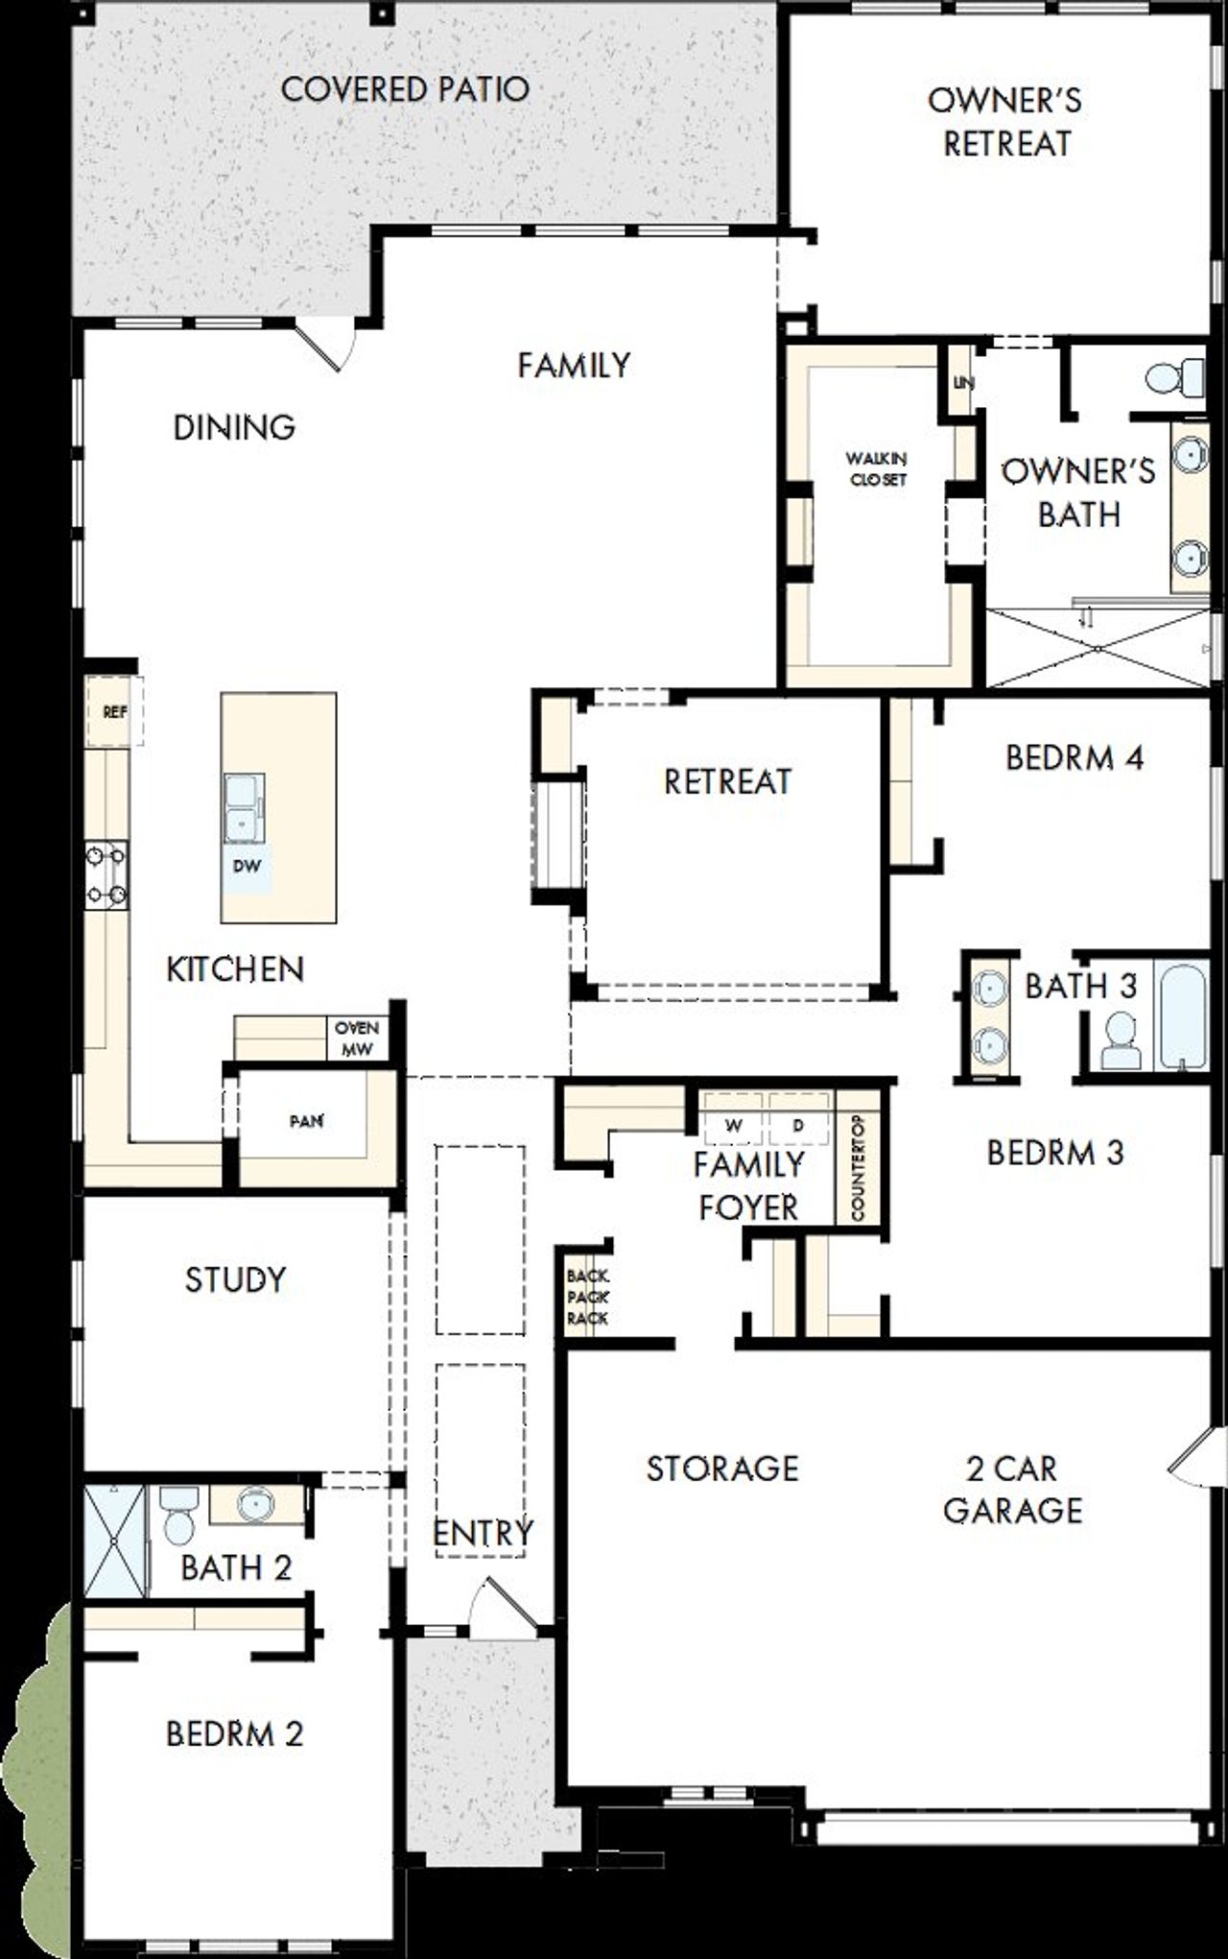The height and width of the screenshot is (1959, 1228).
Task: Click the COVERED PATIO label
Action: pos(404,89)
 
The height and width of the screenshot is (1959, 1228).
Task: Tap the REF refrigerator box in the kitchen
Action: pos(114,712)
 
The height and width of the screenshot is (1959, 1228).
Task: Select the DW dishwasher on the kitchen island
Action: pos(247,865)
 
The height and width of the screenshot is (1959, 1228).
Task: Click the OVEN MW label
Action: pos(357,1039)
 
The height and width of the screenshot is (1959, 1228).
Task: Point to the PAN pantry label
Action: pos(306,1121)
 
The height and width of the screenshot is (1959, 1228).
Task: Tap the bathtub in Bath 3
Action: pos(1182,1017)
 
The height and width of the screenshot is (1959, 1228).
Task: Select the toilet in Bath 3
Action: pos(1121,1042)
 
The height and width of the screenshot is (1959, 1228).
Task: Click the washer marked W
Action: pos(733,1126)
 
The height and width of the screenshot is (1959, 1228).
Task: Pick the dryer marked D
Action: pos(798,1126)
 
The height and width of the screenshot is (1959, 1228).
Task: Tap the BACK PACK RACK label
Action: pos(587,1297)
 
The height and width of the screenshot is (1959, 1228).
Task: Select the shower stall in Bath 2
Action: pos(113,1541)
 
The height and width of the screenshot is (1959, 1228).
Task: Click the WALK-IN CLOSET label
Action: pos(877,469)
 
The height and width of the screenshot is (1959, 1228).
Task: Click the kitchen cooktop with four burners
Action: pos(106,874)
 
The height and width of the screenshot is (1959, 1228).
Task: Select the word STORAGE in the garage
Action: pos(721,1468)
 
